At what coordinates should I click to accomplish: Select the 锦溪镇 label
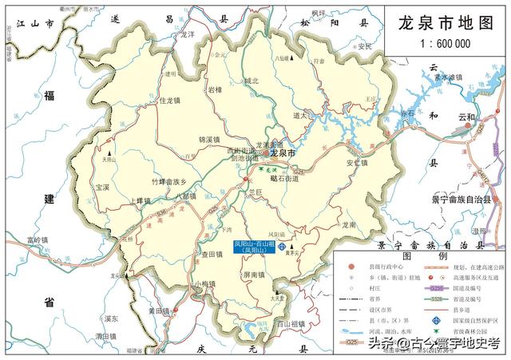click(208, 139)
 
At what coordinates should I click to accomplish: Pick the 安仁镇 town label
click(356, 164)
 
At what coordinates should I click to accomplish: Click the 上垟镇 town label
click(139, 200)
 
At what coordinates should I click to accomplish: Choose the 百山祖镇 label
click(291, 323)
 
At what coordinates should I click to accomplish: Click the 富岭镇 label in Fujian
click(37, 239)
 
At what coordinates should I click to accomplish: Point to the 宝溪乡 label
click(101, 188)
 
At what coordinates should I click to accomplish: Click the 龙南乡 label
click(348, 226)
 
